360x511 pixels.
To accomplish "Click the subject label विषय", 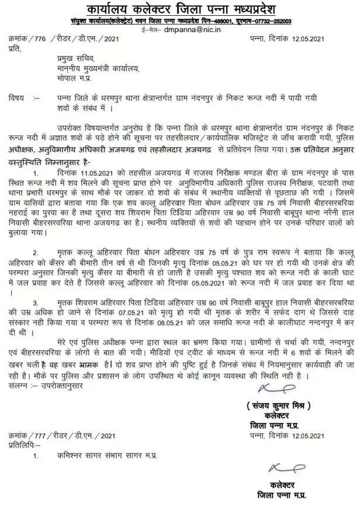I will (x=17, y=99).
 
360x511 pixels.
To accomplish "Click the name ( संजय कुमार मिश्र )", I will (x=276, y=405).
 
